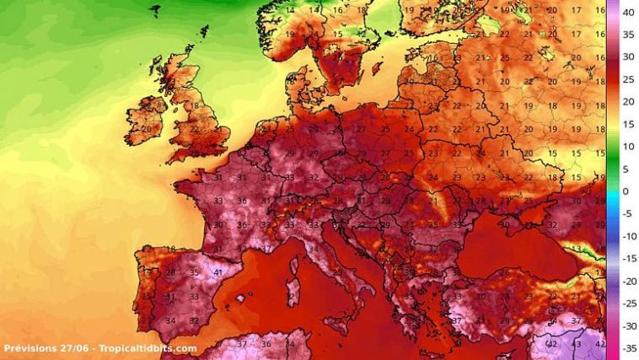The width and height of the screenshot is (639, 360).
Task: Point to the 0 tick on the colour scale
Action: (625, 191)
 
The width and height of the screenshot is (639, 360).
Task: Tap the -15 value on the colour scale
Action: (627, 259)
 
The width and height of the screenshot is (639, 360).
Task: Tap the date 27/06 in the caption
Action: (72, 348)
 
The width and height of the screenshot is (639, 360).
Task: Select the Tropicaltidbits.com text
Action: (146, 348)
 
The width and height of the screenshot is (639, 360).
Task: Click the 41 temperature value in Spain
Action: (217, 272)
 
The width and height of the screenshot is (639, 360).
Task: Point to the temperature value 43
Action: (577, 344)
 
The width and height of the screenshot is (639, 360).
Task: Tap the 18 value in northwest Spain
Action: (170, 250)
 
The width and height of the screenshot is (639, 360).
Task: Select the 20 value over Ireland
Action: (147, 129)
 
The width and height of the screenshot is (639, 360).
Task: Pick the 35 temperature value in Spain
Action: (194, 272)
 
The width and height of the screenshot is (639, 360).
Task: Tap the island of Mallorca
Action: (245, 298)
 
